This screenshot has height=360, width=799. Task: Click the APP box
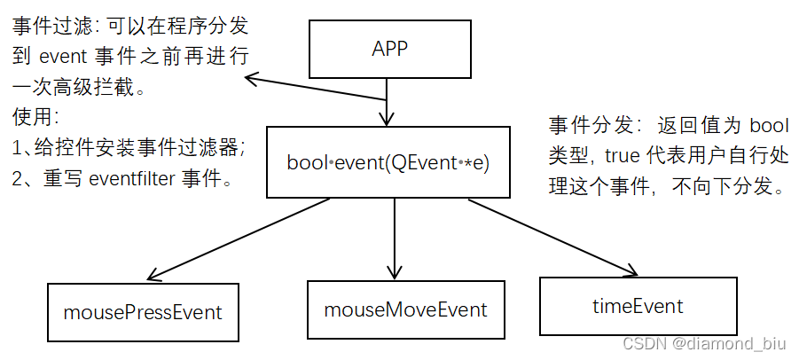click(388, 49)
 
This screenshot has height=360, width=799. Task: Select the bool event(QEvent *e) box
click(388, 162)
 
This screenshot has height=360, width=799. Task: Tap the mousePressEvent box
click(143, 312)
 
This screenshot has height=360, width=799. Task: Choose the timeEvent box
click(638, 306)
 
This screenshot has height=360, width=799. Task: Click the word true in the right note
click(621, 155)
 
